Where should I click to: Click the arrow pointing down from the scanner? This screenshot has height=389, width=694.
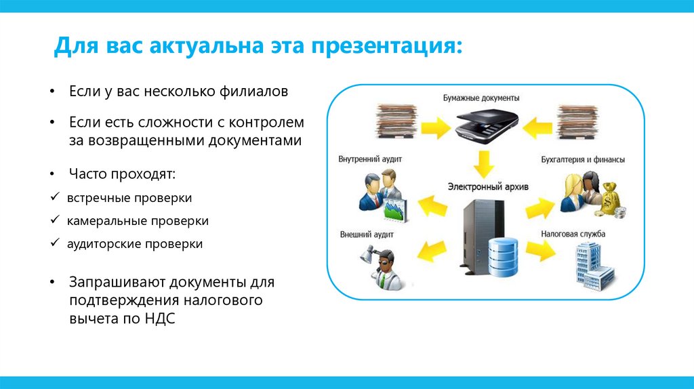tap(482, 163)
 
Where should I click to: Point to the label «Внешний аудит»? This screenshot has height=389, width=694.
tap(367, 234)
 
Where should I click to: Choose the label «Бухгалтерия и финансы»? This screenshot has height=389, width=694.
tap(583, 160)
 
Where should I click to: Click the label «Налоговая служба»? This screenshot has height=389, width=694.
tap(573, 234)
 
